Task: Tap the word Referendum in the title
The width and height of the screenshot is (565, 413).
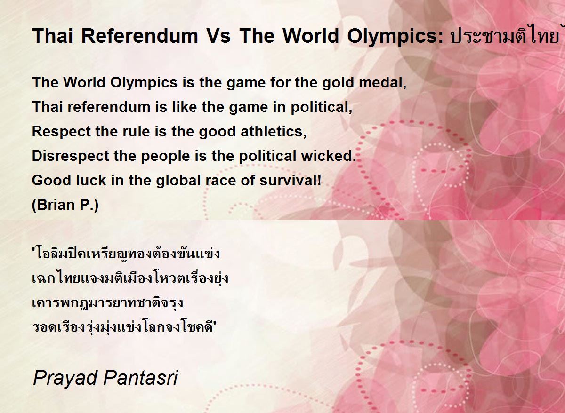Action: click(140, 36)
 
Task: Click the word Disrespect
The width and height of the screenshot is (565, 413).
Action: click(70, 156)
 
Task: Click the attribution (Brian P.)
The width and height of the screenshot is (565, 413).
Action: click(65, 205)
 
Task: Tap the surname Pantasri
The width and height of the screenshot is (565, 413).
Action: click(140, 377)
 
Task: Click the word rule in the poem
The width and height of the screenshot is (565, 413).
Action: click(136, 132)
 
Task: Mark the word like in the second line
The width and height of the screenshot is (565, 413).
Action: click(185, 107)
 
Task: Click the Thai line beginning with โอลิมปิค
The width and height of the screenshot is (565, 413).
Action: click(126, 253)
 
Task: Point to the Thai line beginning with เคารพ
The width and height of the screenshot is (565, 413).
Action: click(108, 302)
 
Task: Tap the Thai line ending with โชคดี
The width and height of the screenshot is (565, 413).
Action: click(123, 327)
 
